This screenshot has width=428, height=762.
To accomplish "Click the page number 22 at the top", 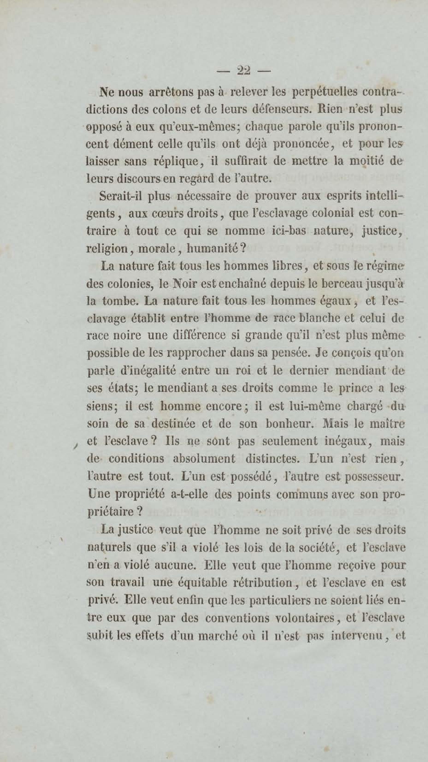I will click(x=243, y=71).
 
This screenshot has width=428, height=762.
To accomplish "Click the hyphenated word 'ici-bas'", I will click(x=289, y=231).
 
